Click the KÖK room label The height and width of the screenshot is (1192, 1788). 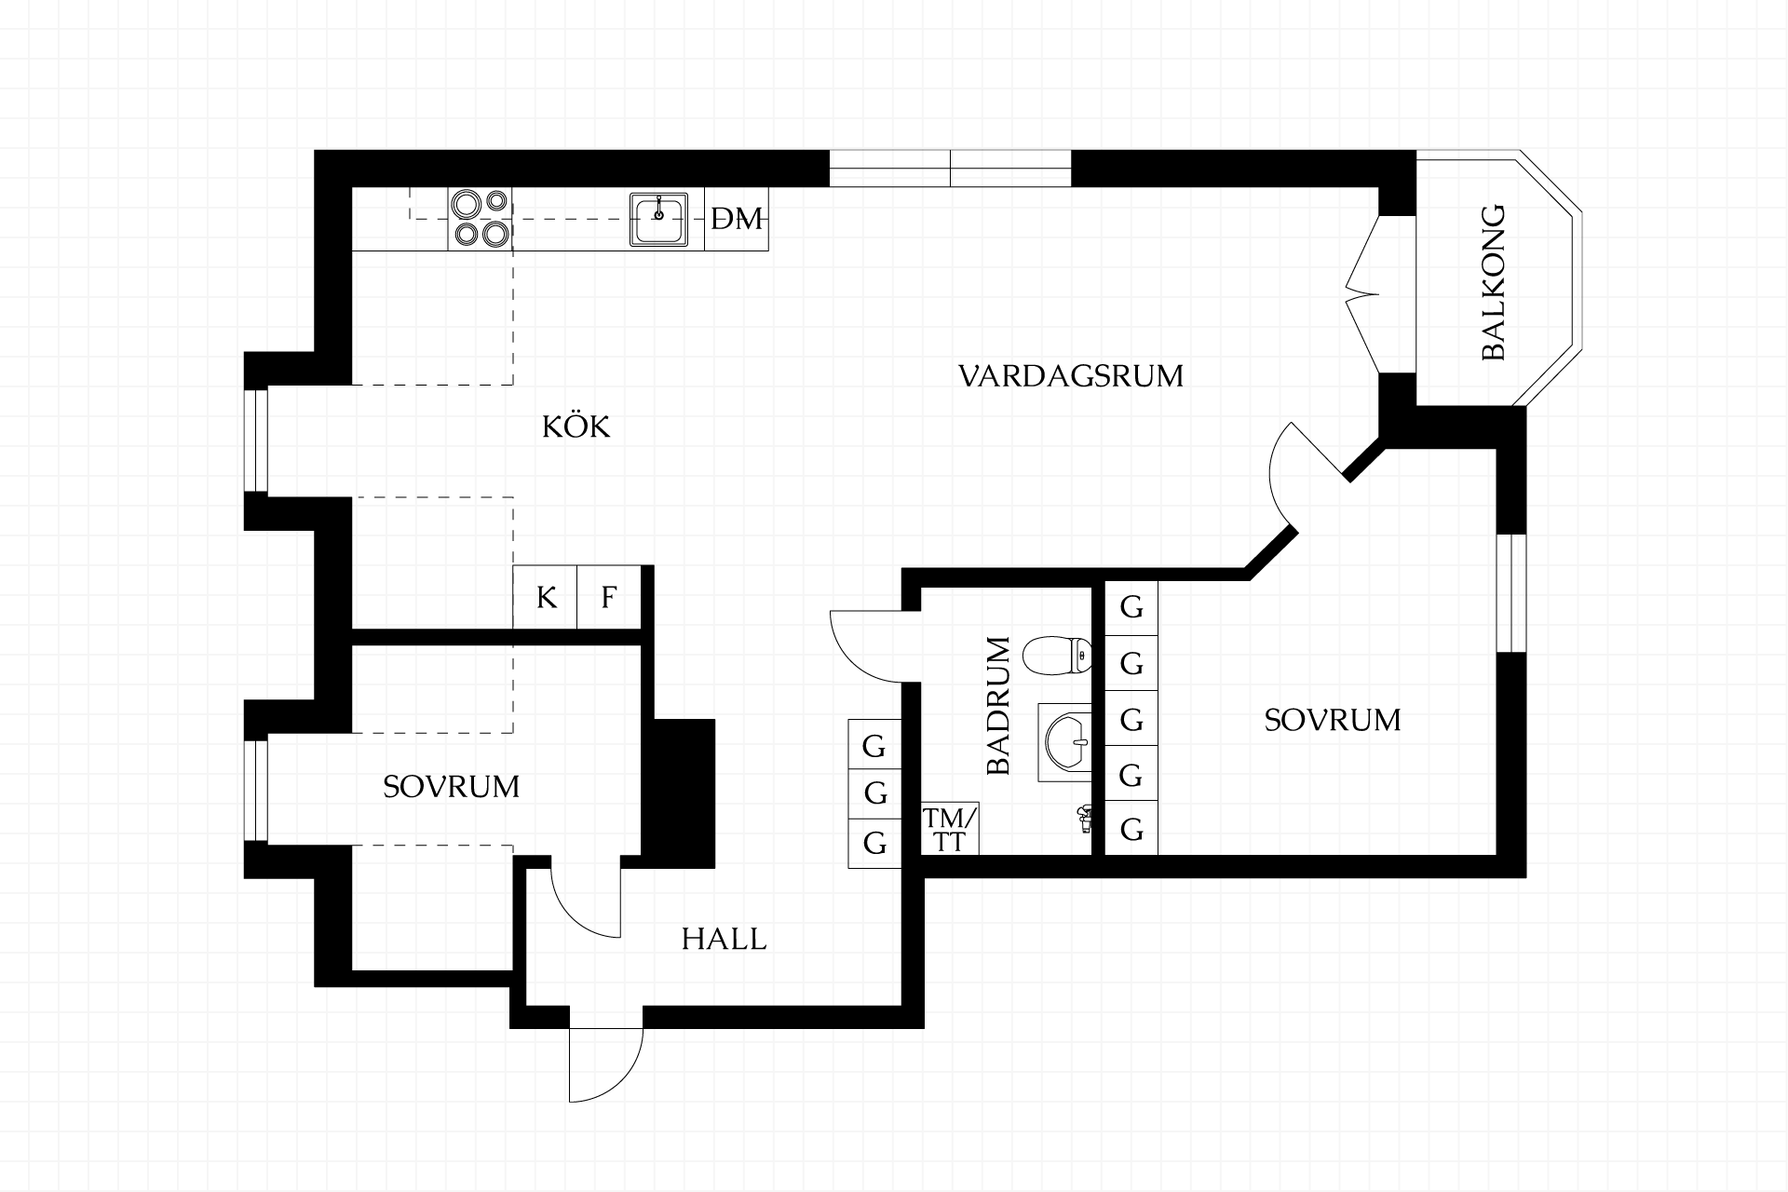576,427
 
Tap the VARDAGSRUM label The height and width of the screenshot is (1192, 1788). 1071,376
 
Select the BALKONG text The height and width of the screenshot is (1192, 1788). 1493,282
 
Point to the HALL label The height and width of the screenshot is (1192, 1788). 724,939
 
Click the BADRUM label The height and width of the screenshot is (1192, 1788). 997,706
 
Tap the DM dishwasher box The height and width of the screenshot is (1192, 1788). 737,219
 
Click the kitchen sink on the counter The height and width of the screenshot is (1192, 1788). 659,219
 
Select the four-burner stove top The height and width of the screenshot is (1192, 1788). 481,219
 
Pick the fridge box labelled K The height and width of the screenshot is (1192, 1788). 546,597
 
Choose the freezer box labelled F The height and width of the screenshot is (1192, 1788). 609,597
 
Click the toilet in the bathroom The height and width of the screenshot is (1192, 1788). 1057,657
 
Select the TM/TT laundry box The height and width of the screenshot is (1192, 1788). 950,829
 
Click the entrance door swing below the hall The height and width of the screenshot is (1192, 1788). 606,1065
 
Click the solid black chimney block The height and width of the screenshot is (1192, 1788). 684,793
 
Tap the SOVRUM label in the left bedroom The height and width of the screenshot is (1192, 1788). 452,787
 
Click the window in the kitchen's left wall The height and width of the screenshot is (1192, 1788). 256,440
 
